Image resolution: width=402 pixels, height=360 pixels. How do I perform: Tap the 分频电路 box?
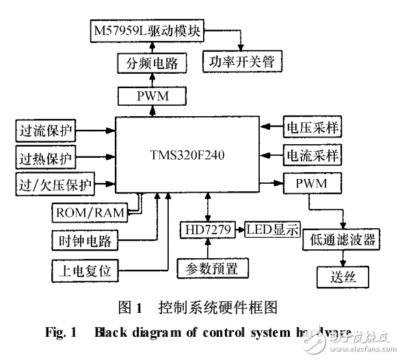pos(152,64)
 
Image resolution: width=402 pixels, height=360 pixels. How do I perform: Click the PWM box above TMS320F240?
pos(152,96)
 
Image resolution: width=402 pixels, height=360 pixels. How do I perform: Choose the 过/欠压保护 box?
pos(55,183)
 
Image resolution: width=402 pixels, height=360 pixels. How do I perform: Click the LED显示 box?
pos(273,230)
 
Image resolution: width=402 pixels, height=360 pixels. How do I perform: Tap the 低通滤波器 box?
pos(343,240)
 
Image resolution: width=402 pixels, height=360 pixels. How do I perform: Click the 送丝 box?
pos(342,277)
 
